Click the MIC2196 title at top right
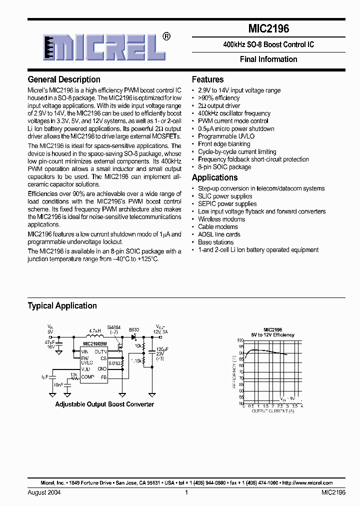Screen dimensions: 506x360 point(268,29)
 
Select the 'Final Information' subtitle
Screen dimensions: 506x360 point(268,59)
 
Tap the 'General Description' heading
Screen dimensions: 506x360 point(64,79)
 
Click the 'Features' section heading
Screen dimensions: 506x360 point(207,79)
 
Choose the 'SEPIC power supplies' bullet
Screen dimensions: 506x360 point(227,204)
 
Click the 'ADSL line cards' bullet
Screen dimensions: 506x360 point(219,234)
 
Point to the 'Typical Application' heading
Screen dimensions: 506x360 point(62,305)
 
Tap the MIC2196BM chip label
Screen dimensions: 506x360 point(94,344)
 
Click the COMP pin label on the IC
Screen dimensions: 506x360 point(88,376)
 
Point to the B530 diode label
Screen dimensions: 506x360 point(134,330)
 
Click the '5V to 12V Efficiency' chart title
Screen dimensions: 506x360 point(272,335)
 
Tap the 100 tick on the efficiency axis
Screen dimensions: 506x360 point(240,340)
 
